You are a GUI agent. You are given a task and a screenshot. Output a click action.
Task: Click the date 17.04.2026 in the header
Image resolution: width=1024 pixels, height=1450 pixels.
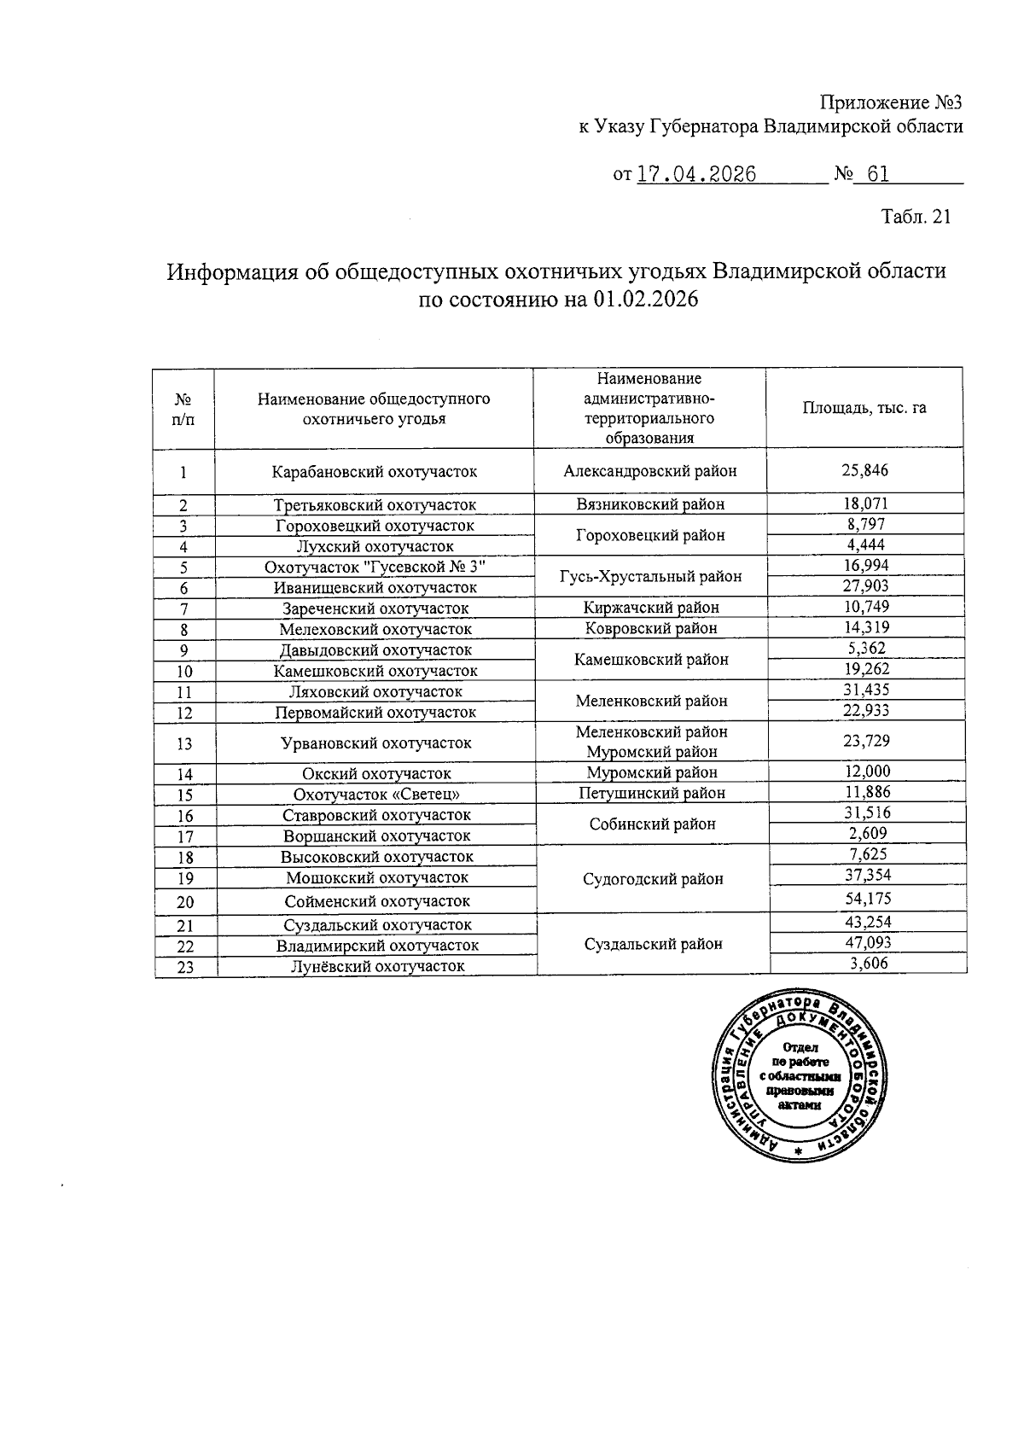click(696, 175)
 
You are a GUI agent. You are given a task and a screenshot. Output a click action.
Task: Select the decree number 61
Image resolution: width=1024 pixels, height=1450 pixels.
click(878, 175)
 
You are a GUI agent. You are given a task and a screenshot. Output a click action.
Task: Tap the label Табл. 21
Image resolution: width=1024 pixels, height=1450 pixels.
click(916, 217)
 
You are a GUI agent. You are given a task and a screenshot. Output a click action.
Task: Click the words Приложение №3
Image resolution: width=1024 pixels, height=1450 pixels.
click(891, 103)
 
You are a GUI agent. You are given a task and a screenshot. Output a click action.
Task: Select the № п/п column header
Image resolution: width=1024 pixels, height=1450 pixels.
click(183, 409)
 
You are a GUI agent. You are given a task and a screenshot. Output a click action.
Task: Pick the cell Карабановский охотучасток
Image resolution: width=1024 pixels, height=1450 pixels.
click(375, 471)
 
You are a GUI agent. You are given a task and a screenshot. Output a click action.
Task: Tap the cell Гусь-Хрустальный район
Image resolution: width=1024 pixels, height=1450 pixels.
click(650, 577)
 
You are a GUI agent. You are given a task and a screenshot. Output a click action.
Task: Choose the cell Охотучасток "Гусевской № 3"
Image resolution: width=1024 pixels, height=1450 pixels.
click(375, 567)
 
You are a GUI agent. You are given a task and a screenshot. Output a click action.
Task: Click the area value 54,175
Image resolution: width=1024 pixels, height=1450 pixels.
click(867, 899)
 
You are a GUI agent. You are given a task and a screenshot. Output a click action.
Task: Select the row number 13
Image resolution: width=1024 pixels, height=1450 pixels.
click(184, 743)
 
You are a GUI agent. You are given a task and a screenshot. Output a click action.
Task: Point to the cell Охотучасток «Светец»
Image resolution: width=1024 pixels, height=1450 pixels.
click(375, 794)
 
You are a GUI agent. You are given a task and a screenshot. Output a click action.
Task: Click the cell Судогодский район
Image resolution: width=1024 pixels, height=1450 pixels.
click(654, 879)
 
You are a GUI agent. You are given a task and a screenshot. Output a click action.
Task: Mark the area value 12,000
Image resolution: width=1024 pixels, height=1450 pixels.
click(866, 772)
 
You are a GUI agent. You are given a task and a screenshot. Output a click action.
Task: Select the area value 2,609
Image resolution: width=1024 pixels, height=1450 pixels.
click(867, 834)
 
